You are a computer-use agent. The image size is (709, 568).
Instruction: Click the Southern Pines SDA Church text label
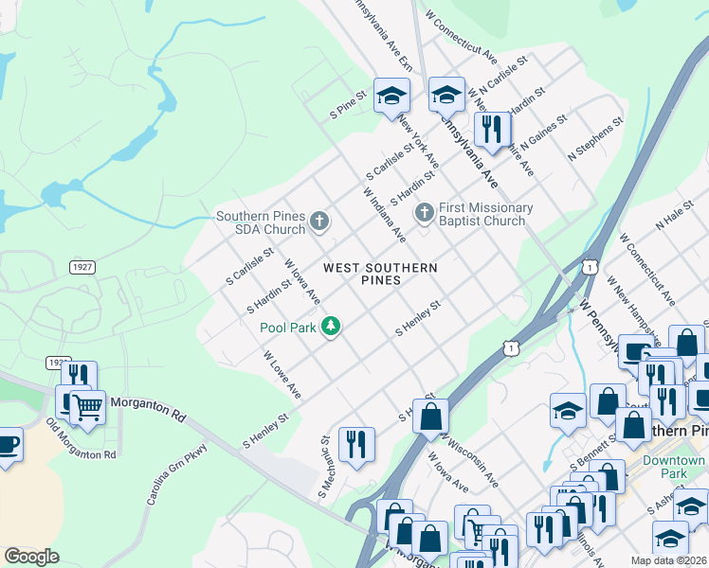coord(260,222)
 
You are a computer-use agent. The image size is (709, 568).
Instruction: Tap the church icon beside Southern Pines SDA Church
coord(319,222)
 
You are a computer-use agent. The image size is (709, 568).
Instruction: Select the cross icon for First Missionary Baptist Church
coord(425,214)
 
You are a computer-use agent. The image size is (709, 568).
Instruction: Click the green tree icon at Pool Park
coord(330,327)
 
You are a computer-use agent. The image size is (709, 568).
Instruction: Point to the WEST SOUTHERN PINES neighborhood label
coord(380,275)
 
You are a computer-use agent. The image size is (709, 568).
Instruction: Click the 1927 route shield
coord(82,268)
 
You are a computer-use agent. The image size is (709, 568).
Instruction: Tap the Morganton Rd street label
coord(146,408)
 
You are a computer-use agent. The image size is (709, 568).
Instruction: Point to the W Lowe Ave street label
coord(282,375)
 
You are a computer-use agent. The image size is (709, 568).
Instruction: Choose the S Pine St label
coord(347,98)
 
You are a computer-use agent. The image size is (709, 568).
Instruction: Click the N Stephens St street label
coord(595,137)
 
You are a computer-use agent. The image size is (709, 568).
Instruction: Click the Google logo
coord(31,557)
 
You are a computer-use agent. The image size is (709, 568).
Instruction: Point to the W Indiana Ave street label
coord(384,213)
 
